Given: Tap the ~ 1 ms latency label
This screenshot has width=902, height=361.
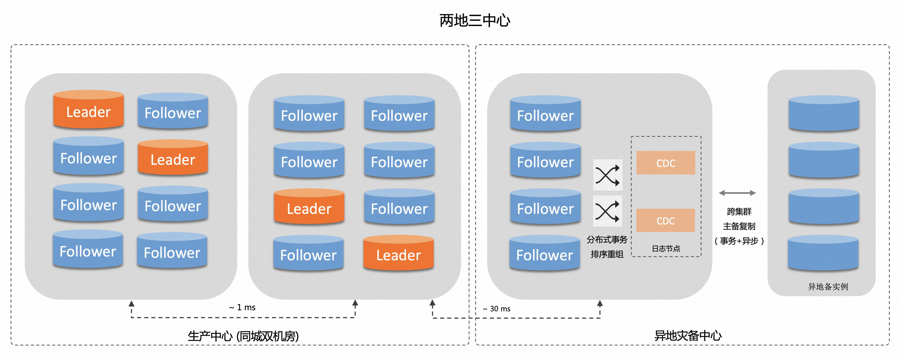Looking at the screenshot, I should pyautogui.click(x=242, y=308).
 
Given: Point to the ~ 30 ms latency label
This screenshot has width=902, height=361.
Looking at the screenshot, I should pyautogui.click(x=497, y=309).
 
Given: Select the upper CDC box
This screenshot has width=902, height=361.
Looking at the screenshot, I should pyautogui.click(x=665, y=163).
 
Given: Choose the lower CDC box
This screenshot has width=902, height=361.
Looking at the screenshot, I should pyautogui.click(x=665, y=221).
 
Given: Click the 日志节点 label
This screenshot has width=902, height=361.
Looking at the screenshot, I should pyautogui.click(x=666, y=249).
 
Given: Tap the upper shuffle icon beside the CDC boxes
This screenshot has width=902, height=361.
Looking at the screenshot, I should pyautogui.click(x=607, y=175).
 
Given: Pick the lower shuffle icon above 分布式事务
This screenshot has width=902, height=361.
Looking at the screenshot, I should pyautogui.click(x=607, y=211).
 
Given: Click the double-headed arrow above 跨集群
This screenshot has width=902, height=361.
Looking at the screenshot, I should pyautogui.click(x=737, y=193).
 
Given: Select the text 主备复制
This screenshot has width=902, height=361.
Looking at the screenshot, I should pyautogui.click(x=739, y=226).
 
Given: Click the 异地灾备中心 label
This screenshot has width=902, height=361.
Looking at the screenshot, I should pyautogui.click(x=688, y=336).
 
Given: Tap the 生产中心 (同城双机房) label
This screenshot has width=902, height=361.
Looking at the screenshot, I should pyautogui.click(x=243, y=336).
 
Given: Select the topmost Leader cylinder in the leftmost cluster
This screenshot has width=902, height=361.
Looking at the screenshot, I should pyautogui.click(x=89, y=110).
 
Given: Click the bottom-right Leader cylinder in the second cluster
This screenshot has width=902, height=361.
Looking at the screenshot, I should pyautogui.click(x=399, y=253).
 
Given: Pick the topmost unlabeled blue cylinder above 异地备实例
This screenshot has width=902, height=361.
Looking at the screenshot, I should pyautogui.click(x=823, y=114).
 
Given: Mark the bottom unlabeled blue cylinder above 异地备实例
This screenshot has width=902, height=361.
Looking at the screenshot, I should pyautogui.click(x=823, y=253).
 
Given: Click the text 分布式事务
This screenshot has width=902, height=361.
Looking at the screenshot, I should pyautogui.click(x=607, y=240).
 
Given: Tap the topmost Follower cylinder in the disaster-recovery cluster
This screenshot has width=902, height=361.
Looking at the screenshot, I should pyautogui.click(x=545, y=114).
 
